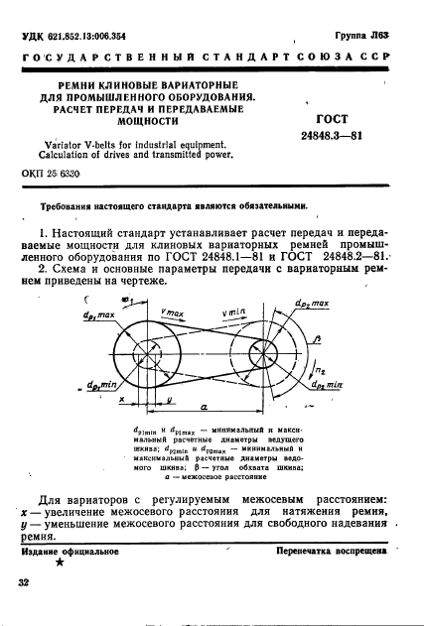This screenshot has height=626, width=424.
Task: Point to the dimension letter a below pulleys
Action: point(192,408)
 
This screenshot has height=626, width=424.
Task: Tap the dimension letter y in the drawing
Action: point(115,400)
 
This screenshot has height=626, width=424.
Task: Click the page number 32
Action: point(23,585)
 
